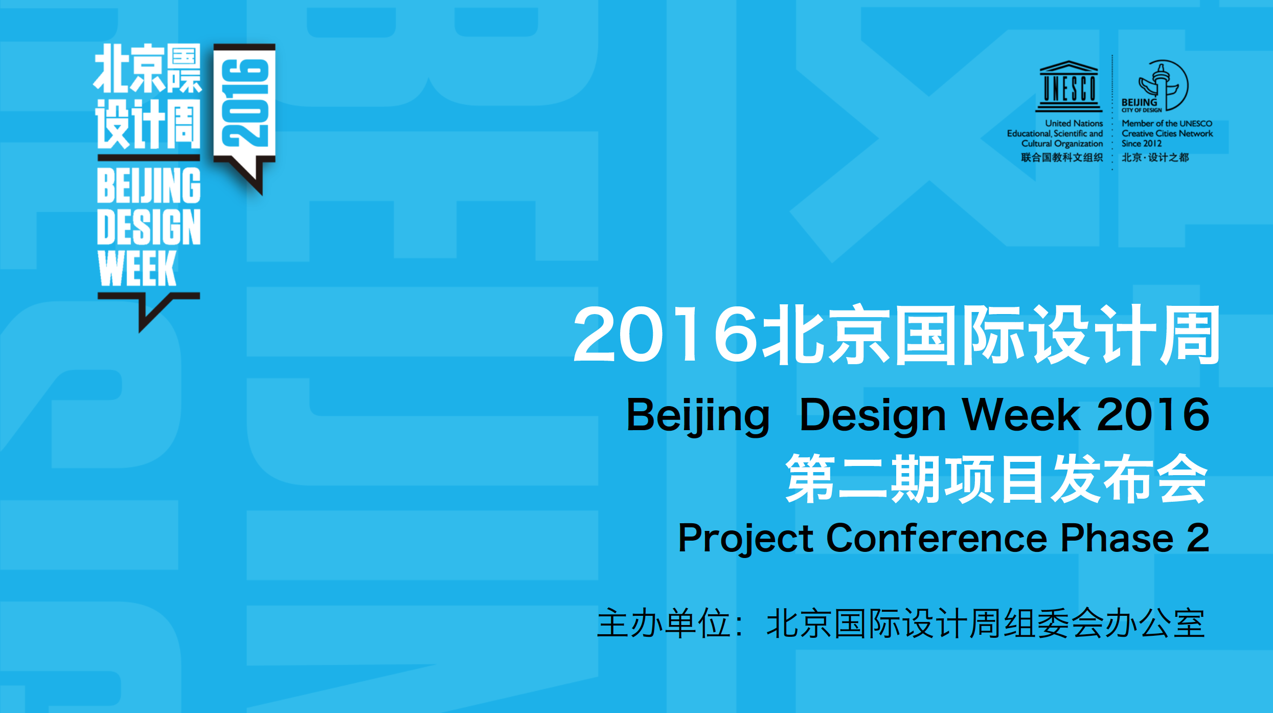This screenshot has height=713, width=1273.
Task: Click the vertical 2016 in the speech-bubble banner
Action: click(244, 103)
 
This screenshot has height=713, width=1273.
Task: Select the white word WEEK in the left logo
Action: click(137, 269)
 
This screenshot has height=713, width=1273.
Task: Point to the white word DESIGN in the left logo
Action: click(149, 227)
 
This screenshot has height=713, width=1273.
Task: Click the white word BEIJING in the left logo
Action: click(149, 185)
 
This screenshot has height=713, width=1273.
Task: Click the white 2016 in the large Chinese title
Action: click(665, 334)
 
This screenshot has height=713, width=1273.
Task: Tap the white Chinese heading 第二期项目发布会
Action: click(997, 478)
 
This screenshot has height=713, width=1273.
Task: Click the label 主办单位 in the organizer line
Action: click(664, 623)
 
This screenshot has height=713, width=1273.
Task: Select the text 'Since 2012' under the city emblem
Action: click(1142, 144)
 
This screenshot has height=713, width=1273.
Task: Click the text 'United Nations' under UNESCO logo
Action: click(1074, 123)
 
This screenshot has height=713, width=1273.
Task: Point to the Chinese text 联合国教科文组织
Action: click(1062, 158)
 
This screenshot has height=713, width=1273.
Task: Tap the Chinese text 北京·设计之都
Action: click(1155, 158)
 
